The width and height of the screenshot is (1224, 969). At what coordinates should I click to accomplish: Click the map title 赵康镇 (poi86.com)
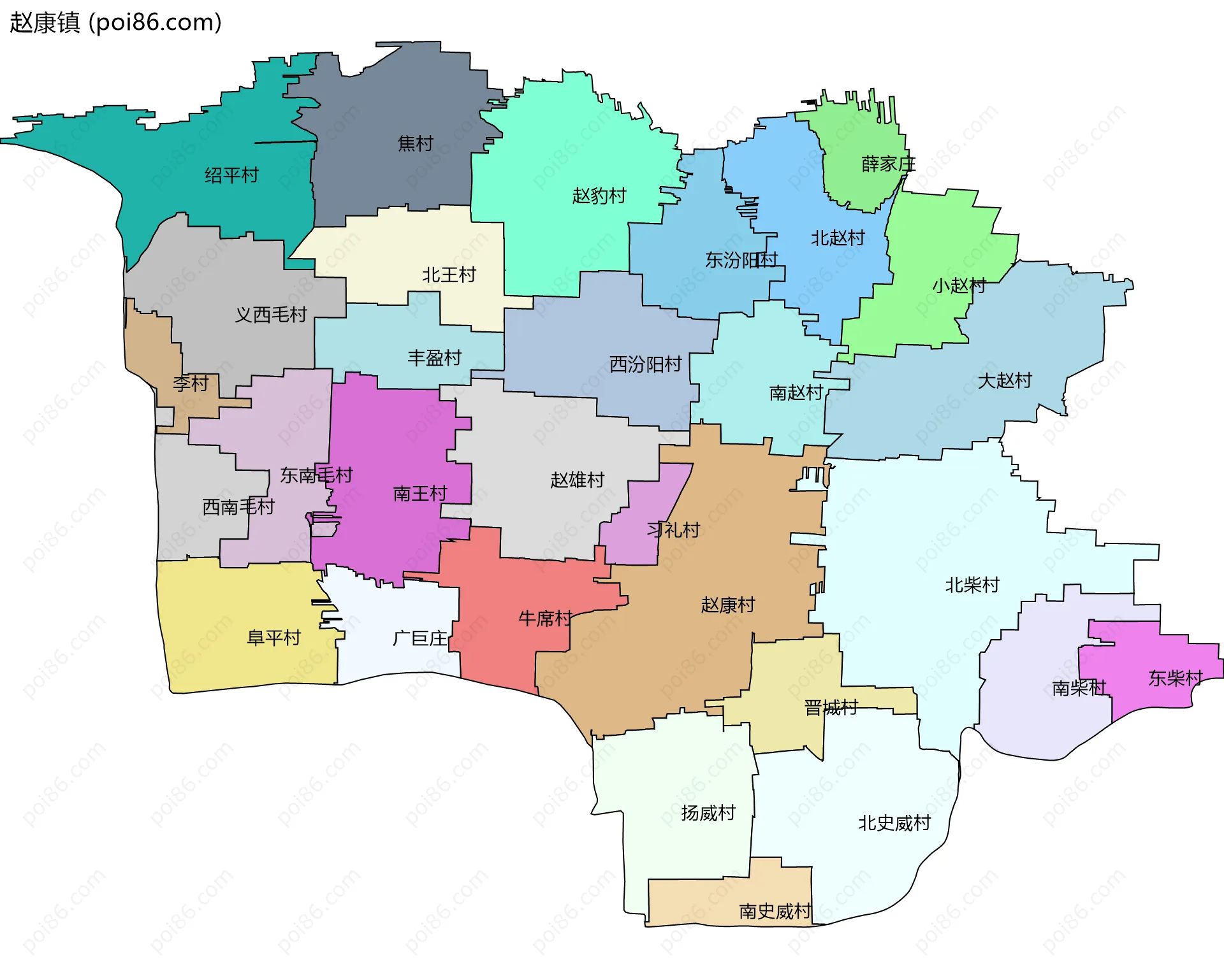tap(115, 22)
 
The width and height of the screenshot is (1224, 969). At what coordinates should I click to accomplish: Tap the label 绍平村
tap(231, 175)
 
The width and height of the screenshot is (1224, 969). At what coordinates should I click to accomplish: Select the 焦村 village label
tap(415, 143)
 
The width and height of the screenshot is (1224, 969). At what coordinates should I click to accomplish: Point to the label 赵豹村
tap(599, 196)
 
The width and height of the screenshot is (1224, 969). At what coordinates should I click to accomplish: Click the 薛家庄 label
tap(888, 164)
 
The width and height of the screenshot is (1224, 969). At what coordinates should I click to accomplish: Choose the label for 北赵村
tap(837, 238)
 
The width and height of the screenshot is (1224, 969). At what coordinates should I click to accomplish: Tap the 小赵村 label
tap(959, 285)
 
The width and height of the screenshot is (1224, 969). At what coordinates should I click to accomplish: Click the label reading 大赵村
tap(1005, 380)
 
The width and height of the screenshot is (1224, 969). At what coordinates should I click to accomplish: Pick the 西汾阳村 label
tap(645, 364)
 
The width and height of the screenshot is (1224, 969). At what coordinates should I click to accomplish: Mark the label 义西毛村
tap(271, 315)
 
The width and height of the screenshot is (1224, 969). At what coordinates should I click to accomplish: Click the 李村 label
tap(191, 384)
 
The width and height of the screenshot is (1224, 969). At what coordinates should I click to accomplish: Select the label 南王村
tap(419, 494)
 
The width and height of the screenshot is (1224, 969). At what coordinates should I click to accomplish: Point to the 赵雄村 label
tap(577, 480)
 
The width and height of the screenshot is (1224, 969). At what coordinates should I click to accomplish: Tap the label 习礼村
tap(673, 529)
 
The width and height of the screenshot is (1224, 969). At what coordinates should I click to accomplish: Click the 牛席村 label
tap(545, 618)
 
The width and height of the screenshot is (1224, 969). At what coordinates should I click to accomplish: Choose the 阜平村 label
tap(273, 638)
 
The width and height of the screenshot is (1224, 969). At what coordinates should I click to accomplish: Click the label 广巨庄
tap(420, 638)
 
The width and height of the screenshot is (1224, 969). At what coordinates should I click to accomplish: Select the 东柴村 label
tap(1175, 678)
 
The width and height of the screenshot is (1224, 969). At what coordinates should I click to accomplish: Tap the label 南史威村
tap(775, 912)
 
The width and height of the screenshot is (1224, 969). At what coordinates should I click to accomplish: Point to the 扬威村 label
tap(708, 813)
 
